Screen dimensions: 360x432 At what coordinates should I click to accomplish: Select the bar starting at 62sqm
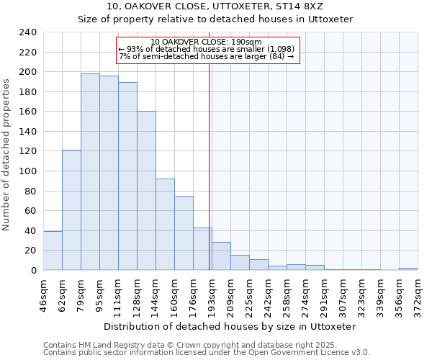coord(71,210)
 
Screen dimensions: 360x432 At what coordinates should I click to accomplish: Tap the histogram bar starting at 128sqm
coord(146,191)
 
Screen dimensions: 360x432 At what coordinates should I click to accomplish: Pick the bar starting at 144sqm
coord(165,224)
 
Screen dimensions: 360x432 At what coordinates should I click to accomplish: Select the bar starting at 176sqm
coord(202,248)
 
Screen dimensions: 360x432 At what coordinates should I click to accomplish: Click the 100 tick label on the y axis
coord(27,171)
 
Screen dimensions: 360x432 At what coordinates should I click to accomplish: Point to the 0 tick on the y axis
coord(34,271)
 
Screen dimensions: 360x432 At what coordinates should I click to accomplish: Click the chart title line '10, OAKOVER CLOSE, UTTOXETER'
coord(215,6)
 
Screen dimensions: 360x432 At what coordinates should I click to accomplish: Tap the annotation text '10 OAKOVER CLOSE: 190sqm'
coord(207,42)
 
